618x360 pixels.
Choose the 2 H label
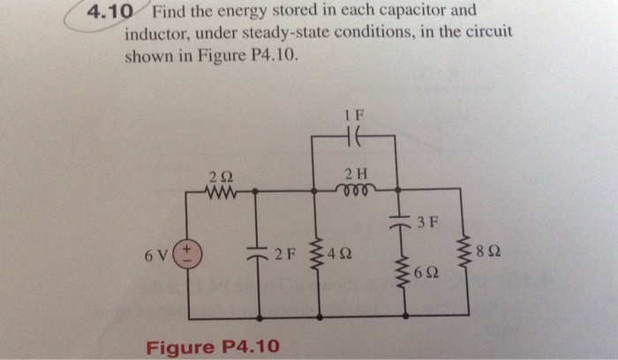click(x=357, y=171)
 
